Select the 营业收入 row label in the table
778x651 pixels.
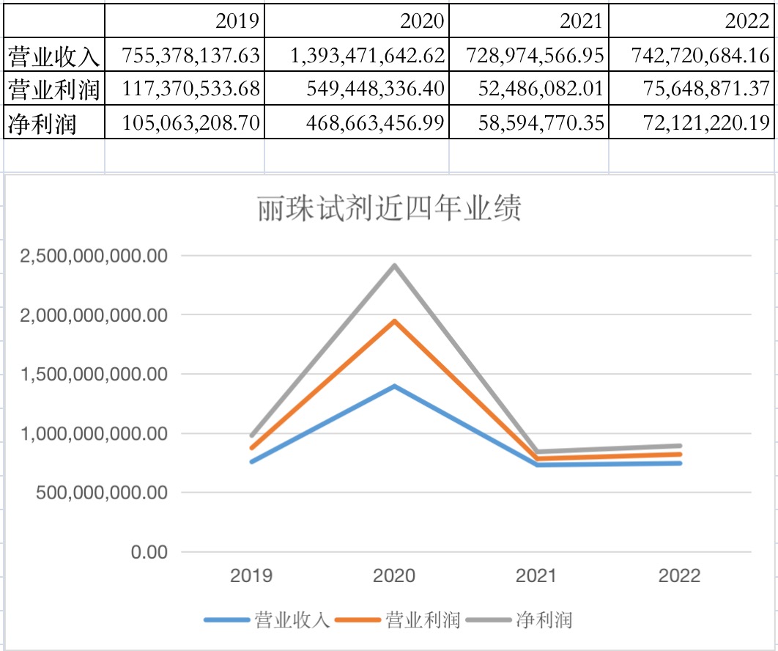click(x=53, y=56)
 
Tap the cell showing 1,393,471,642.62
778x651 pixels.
click(x=367, y=56)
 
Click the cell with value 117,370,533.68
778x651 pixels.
click(x=191, y=89)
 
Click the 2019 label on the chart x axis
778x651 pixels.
click(x=251, y=575)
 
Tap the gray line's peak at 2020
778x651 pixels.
click(x=395, y=265)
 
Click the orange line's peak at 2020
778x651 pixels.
click(x=395, y=321)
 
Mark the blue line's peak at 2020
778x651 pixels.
click(x=395, y=386)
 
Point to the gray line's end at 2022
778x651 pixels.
click(x=681, y=446)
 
